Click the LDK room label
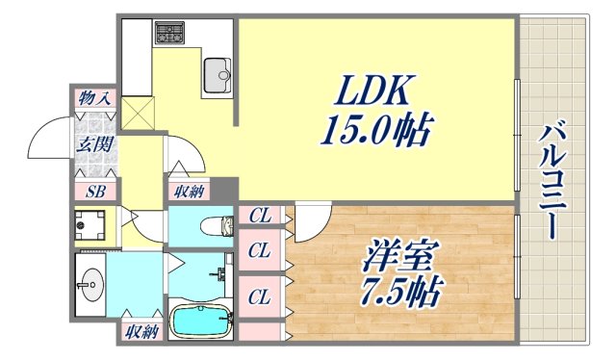(374, 92)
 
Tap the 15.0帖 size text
(374, 129)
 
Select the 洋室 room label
(400, 257)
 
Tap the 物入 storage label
(93, 97)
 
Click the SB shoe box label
(94, 191)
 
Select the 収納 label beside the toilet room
(189, 191)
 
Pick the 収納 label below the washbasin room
(141, 333)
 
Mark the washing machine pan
(93, 227)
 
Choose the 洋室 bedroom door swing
(310, 224)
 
